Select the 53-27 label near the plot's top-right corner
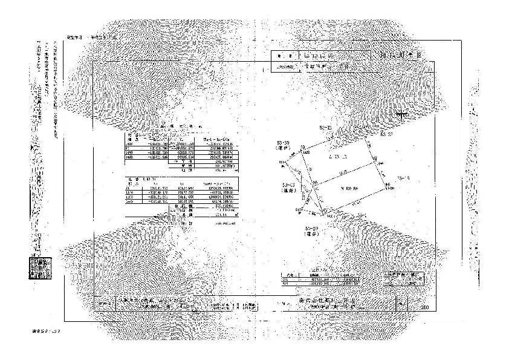387,136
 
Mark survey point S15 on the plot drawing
298,210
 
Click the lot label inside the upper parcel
337,157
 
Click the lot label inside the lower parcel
349,188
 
